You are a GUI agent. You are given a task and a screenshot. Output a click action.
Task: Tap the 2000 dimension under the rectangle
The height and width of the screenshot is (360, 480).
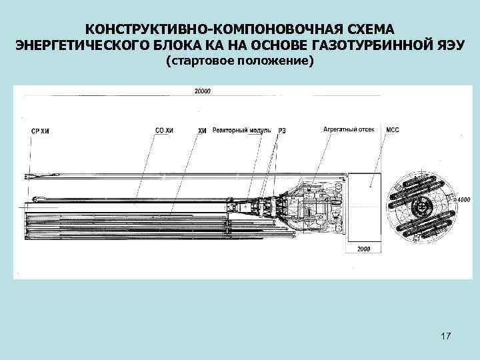pos(363,249)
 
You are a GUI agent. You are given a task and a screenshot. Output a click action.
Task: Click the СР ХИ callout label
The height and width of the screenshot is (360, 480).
pos(40,131)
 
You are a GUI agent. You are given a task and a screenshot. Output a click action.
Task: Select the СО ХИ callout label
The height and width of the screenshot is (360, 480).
pos(164,131)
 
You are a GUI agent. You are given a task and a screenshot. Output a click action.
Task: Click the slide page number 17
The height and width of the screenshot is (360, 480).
pos(446,339)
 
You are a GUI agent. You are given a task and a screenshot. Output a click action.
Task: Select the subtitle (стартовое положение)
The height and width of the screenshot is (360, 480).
pos(239,61)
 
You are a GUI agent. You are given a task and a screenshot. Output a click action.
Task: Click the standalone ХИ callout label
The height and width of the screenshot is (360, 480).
pos(203,131)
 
